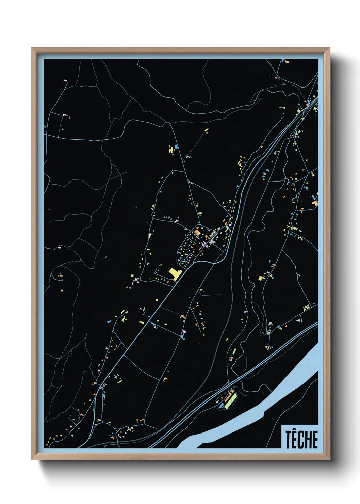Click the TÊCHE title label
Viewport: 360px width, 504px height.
(x=301, y=439)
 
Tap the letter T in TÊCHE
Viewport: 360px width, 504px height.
(x=288, y=440)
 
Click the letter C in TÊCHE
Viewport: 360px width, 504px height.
(x=301, y=440)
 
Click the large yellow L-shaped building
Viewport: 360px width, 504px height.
(x=175, y=274)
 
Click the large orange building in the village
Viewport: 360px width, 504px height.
(x=197, y=232)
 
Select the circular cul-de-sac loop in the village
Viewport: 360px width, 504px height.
(x=185, y=261)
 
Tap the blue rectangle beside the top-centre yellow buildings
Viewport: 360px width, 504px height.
(x=176, y=147)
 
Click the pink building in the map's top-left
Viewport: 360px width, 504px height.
(x=65, y=81)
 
